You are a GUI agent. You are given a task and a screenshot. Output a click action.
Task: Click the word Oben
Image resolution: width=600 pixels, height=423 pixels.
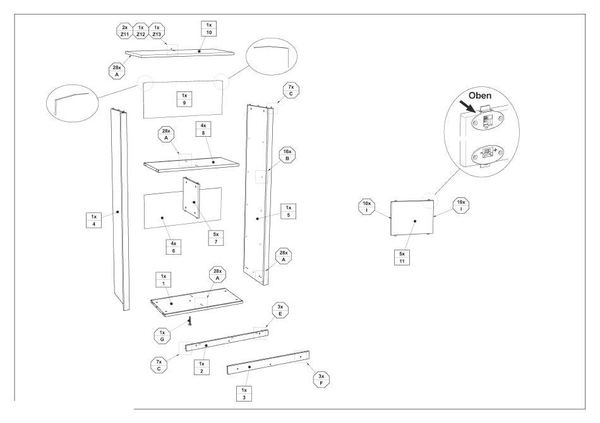[x=480, y=95]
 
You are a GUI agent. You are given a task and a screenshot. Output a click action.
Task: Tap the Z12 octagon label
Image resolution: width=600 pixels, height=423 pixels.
[x=141, y=31]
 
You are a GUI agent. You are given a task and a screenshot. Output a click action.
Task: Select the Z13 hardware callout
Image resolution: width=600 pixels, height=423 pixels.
[x=157, y=31]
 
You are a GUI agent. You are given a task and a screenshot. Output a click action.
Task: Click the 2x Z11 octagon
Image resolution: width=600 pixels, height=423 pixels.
[x=125, y=31]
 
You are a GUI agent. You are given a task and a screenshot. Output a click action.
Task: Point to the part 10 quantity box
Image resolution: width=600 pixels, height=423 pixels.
[x=209, y=28]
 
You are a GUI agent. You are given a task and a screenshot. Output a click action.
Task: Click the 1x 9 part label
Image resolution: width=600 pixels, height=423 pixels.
[x=184, y=99]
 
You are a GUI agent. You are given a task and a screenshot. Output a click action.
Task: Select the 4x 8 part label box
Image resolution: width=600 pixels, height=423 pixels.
[x=203, y=129]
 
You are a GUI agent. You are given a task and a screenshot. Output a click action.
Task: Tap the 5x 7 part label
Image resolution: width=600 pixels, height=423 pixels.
[x=216, y=238]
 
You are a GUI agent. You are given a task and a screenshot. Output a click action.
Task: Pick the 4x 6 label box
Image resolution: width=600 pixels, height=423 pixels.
[x=174, y=247]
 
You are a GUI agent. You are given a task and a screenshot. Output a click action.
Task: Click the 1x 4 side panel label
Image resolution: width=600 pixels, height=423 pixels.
[x=93, y=220]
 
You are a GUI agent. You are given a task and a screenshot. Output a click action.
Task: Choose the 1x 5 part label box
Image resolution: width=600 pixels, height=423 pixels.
[x=289, y=212]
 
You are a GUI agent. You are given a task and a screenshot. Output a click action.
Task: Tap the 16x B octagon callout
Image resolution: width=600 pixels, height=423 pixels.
[x=287, y=155]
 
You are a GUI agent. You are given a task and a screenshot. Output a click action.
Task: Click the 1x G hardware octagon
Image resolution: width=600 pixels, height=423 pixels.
[x=162, y=335]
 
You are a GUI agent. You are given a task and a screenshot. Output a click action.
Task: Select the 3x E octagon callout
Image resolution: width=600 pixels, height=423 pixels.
[x=280, y=310]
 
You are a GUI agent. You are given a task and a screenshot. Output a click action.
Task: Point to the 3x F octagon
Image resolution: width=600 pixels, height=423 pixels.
[x=321, y=380]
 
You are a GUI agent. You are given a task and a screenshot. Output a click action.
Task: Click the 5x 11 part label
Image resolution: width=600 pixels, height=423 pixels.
[x=402, y=258]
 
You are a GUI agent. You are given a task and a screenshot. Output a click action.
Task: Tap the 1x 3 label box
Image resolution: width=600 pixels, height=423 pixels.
[x=244, y=393]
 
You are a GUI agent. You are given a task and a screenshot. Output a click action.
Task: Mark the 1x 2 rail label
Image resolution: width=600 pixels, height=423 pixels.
[x=201, y=368]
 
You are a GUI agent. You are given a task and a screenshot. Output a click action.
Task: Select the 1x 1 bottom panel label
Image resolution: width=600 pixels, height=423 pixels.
[x=164, y=280]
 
